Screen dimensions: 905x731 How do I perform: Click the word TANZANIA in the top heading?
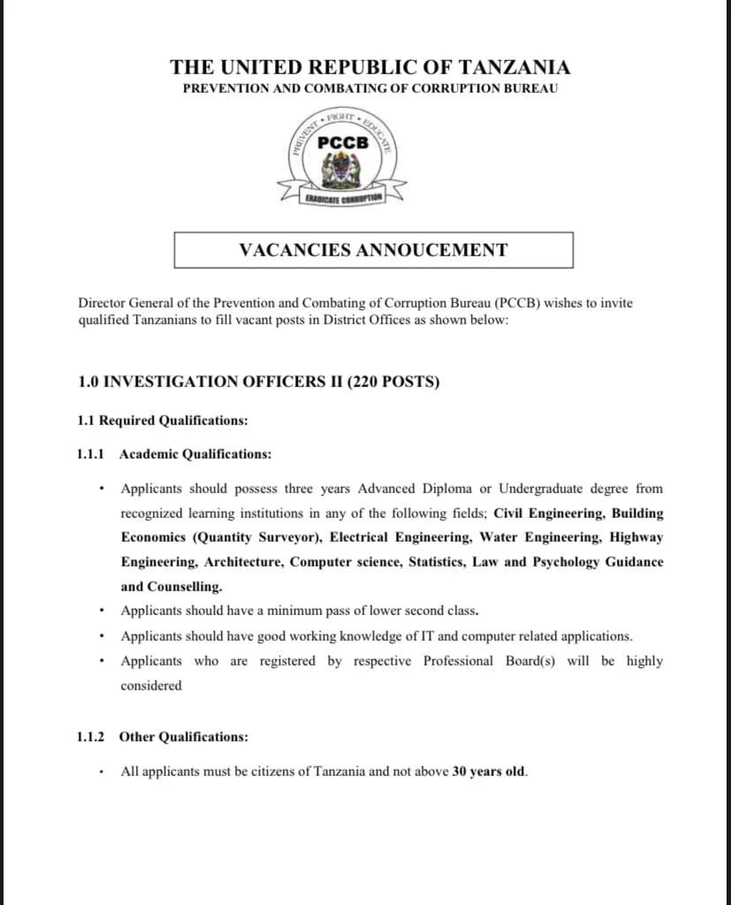(x=516, y=67)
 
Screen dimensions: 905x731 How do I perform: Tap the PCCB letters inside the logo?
(x=342, y=142)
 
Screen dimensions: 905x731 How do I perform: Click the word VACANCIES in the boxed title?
(x=294, y=250)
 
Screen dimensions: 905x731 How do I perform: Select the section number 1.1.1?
(x=91, y=454)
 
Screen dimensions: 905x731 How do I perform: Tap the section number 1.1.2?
(x=91, y=736)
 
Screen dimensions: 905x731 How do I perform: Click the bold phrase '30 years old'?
(x=489, y=772)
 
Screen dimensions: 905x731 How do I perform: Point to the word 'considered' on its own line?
(x=151, y=686)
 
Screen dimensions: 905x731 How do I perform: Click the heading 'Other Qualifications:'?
(x=184, y=736)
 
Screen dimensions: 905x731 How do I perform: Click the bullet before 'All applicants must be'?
(x=104, y=772)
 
